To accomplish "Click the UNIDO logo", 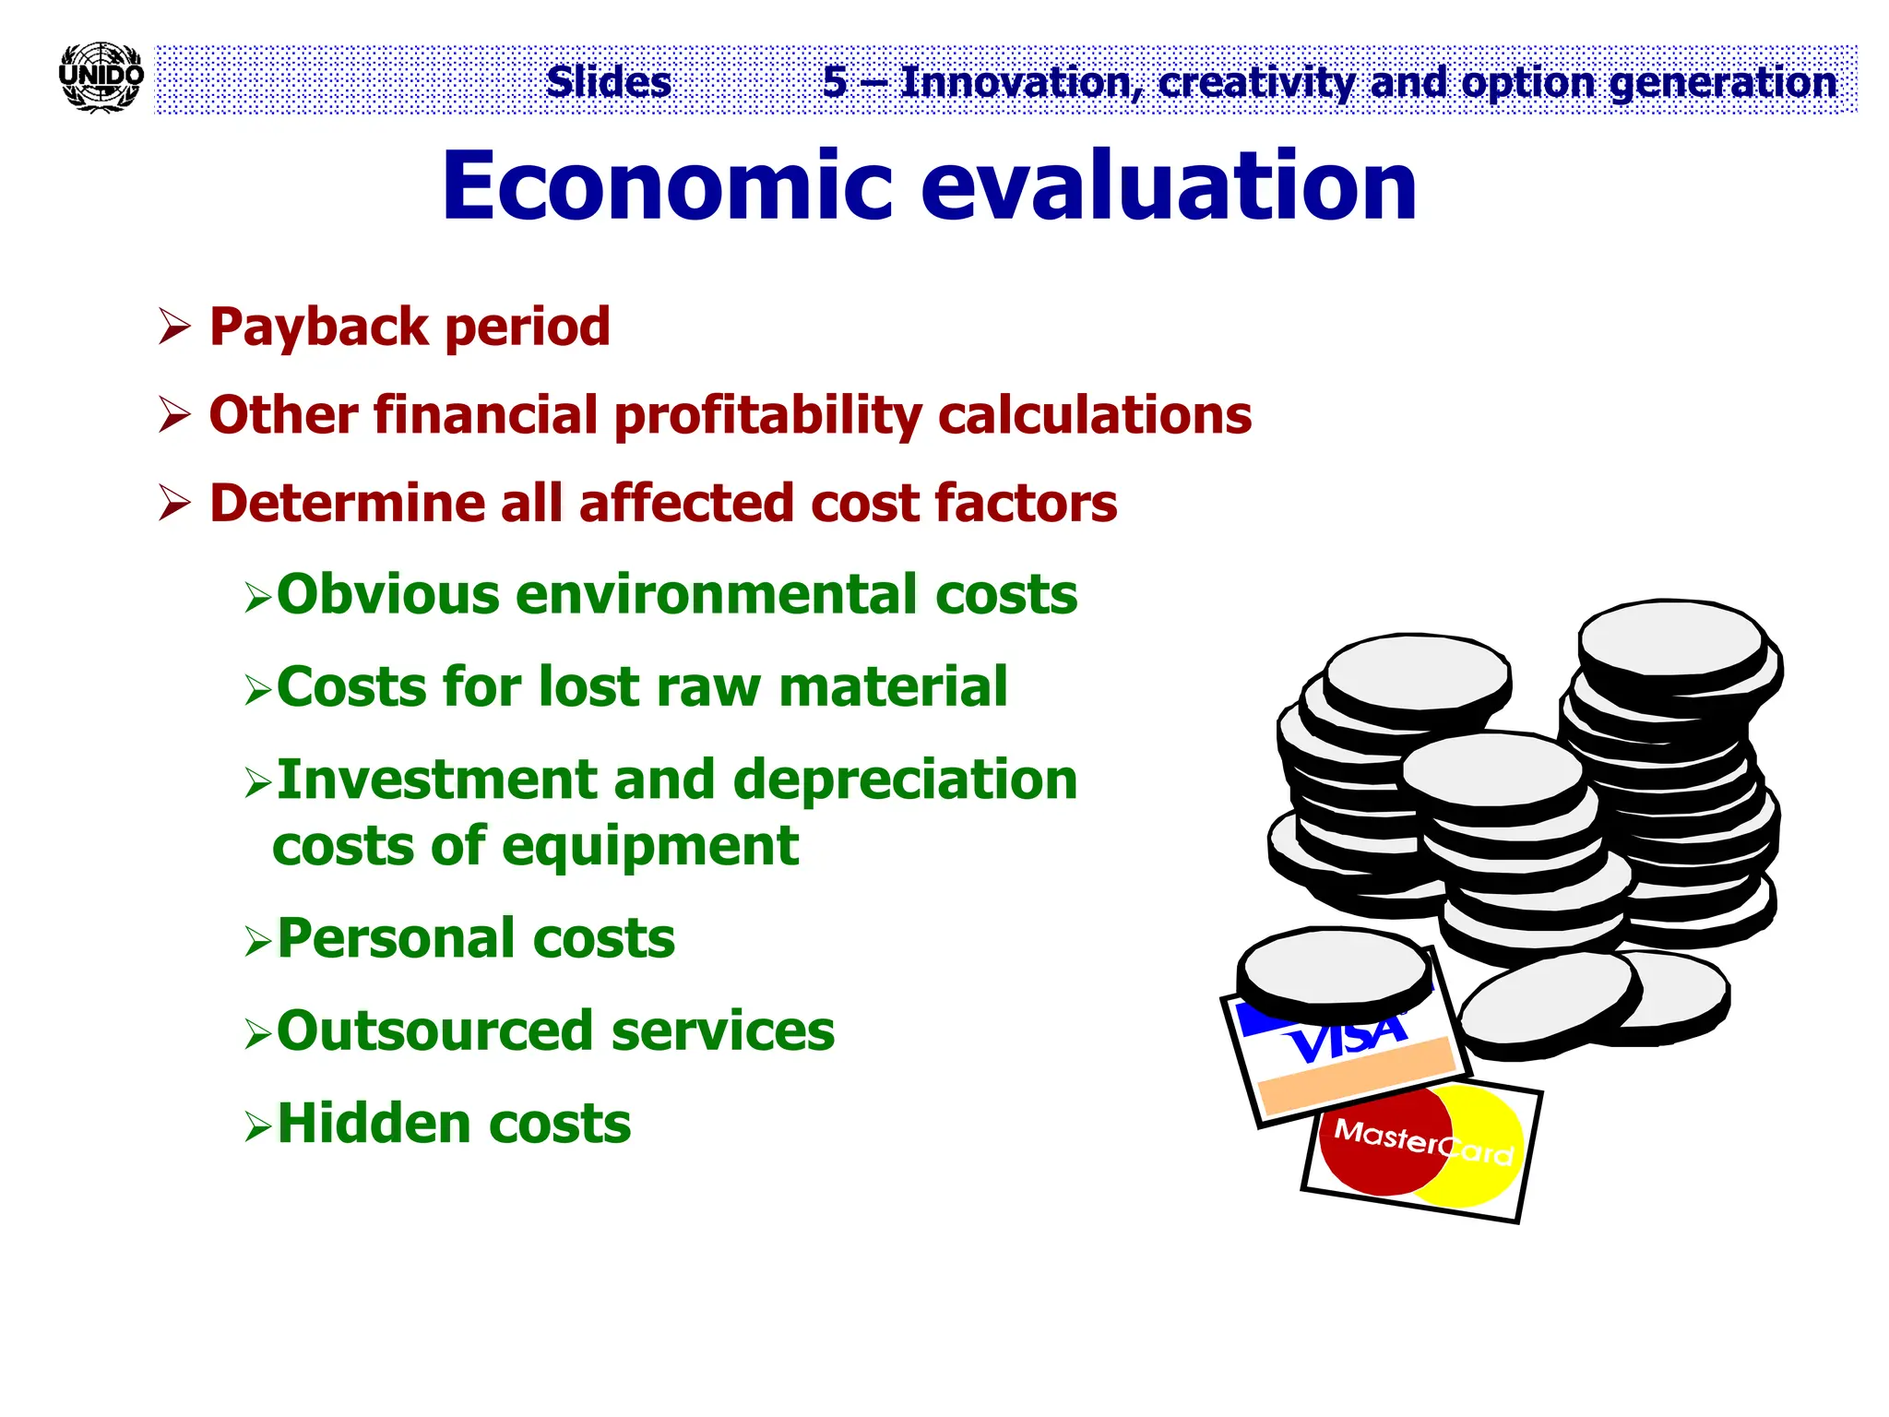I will coord(101,77).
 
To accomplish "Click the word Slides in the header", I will coord(609,82).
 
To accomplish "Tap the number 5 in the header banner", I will coord(835,82).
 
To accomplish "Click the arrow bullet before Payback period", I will coord(173,327).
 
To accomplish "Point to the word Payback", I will coord(319,327).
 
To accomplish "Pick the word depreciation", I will coord(905,780).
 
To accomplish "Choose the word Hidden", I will coord(374,1125).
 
